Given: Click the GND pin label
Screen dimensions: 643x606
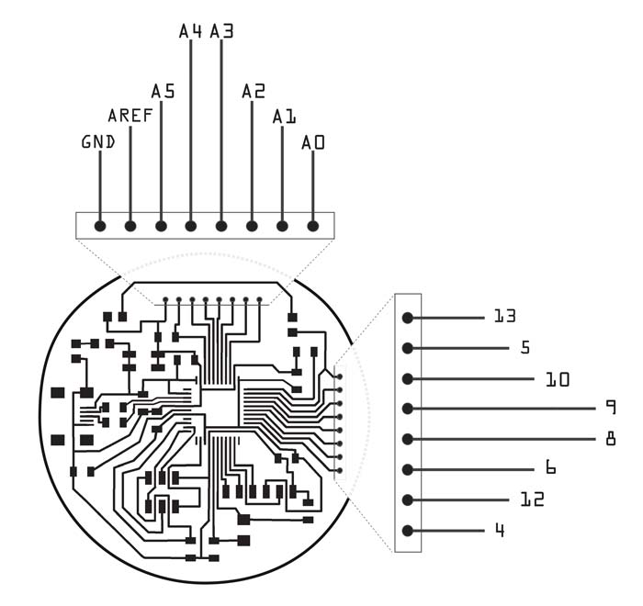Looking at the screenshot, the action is click(98, 142).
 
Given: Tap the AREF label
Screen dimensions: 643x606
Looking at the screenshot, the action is click(130, 116).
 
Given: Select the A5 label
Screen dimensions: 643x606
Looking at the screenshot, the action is click(163, 91).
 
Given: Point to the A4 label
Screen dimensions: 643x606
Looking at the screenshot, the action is click(190, 31).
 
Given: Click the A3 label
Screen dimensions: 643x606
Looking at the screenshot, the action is click(221, 31).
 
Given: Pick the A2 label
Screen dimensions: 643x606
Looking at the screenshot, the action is click(254, 91).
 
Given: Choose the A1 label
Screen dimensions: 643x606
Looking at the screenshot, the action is click(284, 117).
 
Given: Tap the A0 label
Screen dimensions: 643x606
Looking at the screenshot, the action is click(313, 142).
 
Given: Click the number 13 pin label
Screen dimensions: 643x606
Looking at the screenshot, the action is click(505, 316).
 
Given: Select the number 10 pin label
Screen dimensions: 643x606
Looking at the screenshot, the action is click(558, 380).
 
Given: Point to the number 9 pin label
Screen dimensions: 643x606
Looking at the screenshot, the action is click(611, 407).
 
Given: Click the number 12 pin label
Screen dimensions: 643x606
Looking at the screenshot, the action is click(532, 499).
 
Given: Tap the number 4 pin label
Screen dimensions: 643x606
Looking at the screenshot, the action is click(500, 530).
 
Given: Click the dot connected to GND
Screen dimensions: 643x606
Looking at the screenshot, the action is click(100, 226).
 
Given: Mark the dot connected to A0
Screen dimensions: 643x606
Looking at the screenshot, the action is click(313, 226).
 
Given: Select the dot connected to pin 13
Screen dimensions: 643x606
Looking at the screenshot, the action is click(407, 318).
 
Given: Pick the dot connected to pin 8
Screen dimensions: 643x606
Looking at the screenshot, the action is click(407, 439).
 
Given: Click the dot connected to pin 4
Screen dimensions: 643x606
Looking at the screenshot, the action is click(407, 531).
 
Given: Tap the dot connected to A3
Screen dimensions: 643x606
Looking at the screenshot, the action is click(221, 226).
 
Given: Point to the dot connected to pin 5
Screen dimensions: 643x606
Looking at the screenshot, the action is click(407, 348).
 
